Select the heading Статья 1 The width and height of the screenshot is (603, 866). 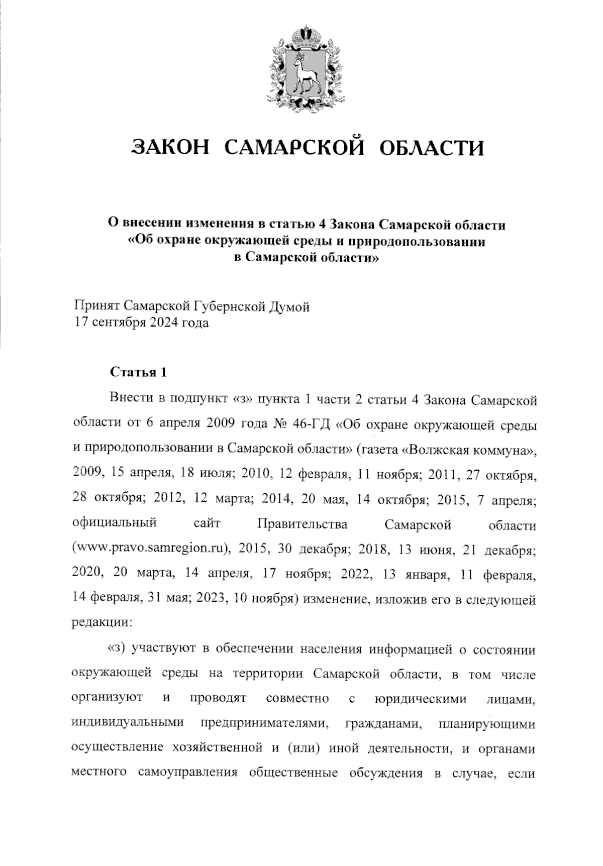tap(138, 373)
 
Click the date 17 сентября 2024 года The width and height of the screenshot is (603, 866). tap(141, 322)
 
